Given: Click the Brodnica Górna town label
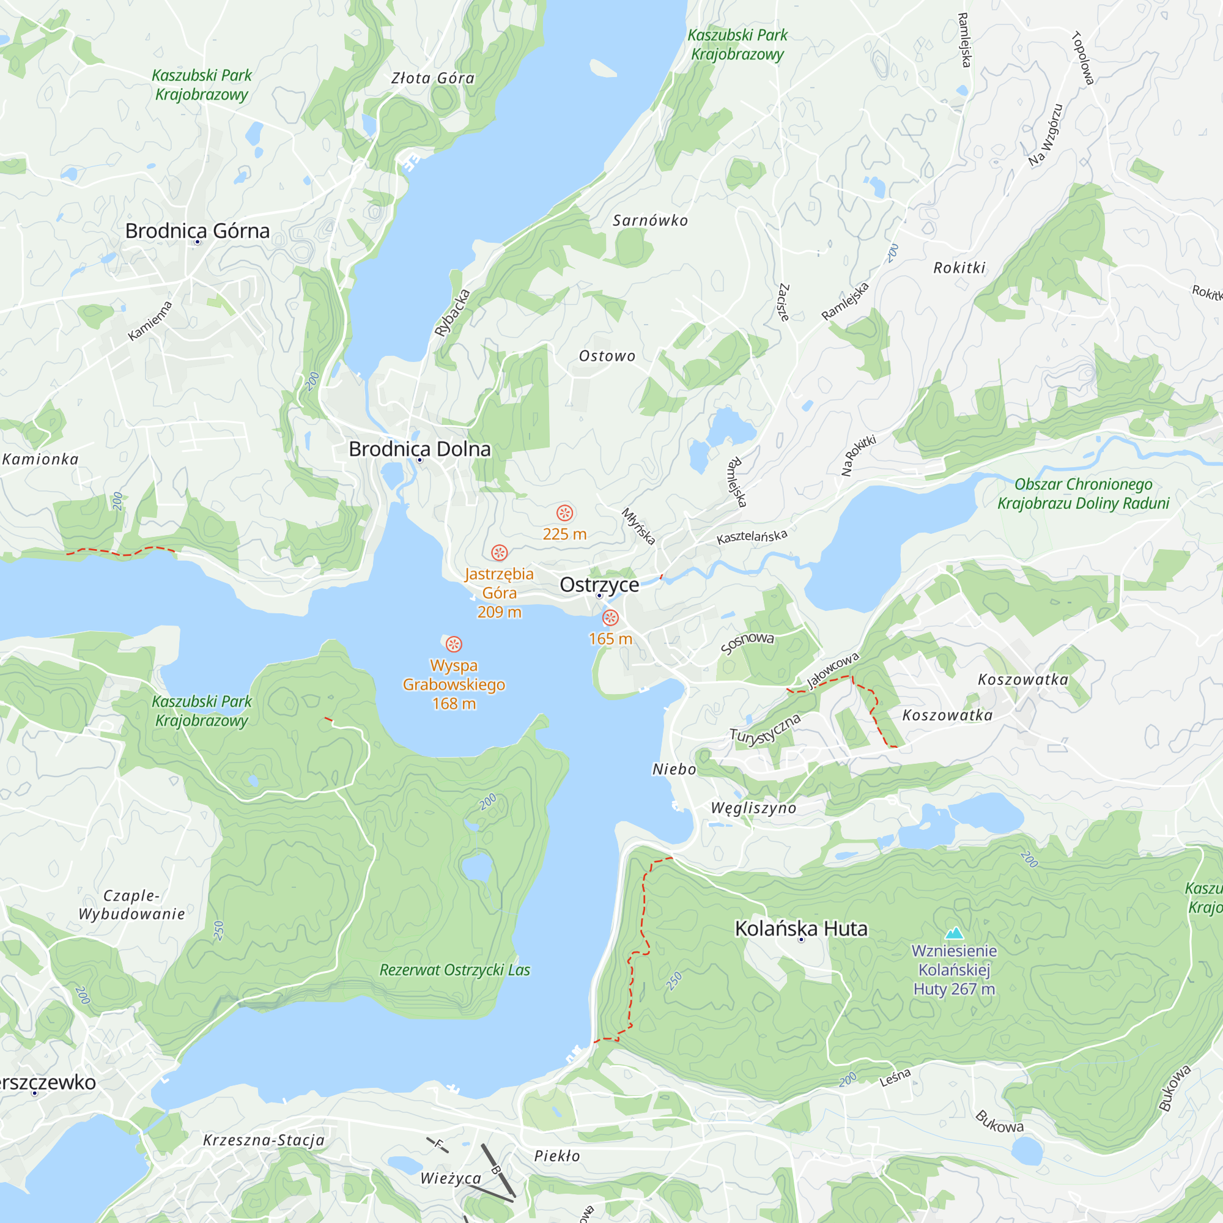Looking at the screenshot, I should tap(197, 231).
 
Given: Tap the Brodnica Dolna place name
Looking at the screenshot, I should tap(419, 449).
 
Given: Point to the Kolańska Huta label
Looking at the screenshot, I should tap(801, 929).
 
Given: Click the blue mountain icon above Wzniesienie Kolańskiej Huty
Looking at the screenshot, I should tap(954, 933).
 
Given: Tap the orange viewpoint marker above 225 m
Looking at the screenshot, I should tap(564, 513).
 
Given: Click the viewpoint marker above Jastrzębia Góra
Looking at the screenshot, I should tap(500, 553).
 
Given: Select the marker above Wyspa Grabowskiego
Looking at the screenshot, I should tap(454, 645).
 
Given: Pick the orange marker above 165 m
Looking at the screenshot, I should tap(610, 618).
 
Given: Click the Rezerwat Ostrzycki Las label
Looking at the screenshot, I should tap(454, 970).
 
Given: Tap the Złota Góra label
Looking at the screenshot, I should tap(433, 78).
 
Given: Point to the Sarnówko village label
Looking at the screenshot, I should tap(650, 220).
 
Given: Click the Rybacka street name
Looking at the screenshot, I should tap(452, 312).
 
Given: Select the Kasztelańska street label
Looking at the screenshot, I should tap(752, 536).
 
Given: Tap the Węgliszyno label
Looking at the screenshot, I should tap(753, 808).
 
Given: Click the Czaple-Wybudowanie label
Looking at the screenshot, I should tap(131, 904).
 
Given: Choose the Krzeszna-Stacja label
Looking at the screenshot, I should tap(264, 1140).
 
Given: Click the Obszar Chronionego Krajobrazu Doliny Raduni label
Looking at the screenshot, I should tap(1083, 493).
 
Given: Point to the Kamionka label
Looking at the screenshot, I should tap(40, 460).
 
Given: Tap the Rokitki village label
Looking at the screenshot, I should tap(959, 268).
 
